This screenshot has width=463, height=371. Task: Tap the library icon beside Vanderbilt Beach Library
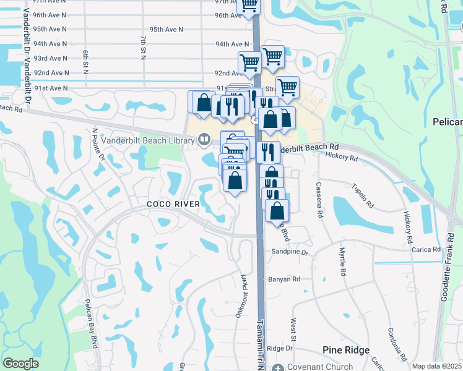tap(203, 140)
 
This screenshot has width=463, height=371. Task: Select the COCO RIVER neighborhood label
tap(173, 204)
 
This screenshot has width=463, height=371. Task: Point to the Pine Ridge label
tap(346, 350)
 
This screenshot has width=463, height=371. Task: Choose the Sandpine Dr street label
tap(290, 252)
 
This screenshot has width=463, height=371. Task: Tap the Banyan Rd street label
tap(285, 279)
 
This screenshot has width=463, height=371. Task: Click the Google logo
tap(20, 364)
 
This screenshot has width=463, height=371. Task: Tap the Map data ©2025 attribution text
tap(436, 366)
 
